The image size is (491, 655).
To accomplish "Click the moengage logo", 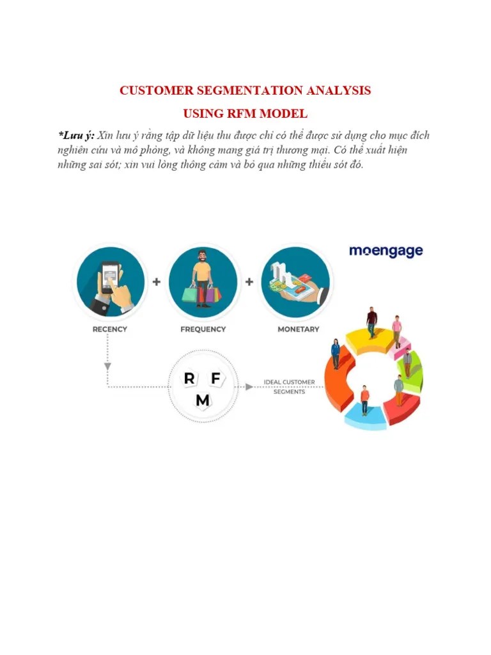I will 386,251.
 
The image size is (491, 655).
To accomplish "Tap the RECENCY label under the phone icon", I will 110,329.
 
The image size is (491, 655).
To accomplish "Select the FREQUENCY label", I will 203,329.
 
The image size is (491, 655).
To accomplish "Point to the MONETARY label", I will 298,329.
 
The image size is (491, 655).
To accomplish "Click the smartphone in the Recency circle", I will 110,277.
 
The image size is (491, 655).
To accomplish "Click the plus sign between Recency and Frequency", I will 156,282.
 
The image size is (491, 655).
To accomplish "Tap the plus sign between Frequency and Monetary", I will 249,282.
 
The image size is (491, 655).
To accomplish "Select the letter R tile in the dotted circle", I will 189,378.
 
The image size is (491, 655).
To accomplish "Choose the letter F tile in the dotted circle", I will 215,378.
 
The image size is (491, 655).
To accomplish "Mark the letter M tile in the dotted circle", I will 203,400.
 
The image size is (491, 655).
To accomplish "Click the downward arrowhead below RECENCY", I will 107,367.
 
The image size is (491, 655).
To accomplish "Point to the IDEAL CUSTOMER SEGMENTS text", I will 289,387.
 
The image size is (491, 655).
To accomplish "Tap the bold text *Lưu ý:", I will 76,136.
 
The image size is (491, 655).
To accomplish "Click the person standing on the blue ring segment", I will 364,400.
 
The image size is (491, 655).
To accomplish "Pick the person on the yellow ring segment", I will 371,322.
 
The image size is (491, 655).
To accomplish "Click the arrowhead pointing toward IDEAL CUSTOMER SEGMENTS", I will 246,386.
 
